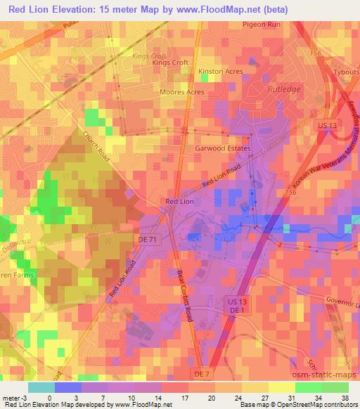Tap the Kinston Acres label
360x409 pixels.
[221, 72]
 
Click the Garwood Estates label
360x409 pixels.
[223, 149]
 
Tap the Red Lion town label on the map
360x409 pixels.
[179, 202]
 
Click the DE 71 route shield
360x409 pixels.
[146, 240]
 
